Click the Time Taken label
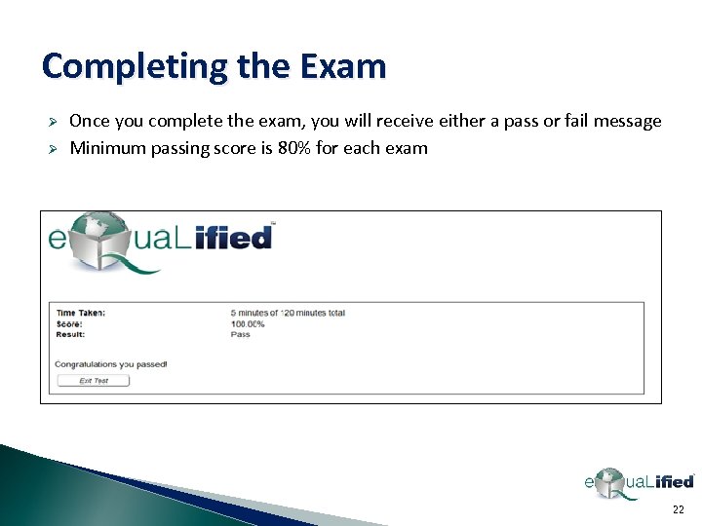coord(81,313)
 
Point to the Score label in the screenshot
coord(69,323)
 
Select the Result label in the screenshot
coord(70,334)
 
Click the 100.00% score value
coord(248,323)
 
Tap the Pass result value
coord(240,334)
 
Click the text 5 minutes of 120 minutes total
coord(288,313)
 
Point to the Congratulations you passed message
coord(111,364)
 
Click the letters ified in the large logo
coord(233,237)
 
